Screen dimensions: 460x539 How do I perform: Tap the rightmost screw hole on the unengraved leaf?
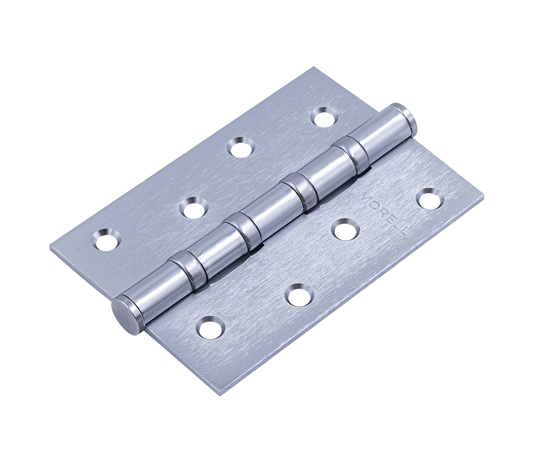pos(322,115)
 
